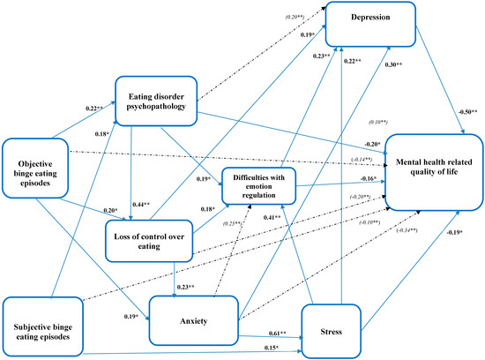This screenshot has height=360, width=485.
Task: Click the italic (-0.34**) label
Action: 407,230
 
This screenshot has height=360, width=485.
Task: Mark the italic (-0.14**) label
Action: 362,159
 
